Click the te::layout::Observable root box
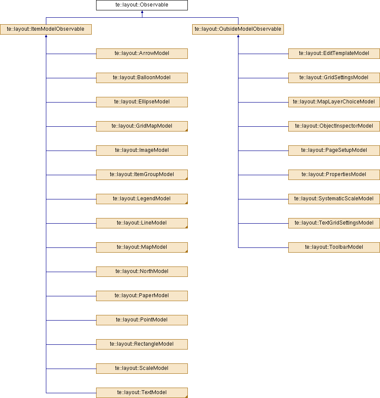click(x=142, y=5)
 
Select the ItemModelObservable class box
click(x=46, y=29)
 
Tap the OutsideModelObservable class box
click(x=238, y=29)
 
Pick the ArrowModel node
click(x=142, y=54)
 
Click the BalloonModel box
click(x=142, y=78)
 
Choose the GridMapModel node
click(x=142, y=126)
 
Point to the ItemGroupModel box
click(x=142, y=175)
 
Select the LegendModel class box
click(x=142, y=199)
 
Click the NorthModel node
click(x=142, y=272)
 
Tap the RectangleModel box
click(x=142, y=344)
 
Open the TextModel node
click(x=142, y=393)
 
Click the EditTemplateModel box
click(x=334, y=54)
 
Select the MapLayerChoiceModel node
click(x=334, y=102)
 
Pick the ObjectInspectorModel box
click(x=334, y=126)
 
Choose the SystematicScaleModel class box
click(x=334, y=199)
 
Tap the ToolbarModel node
click(x=334, y=247)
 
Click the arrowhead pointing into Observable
click(x=142, y=12)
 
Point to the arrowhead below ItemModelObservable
click(x=46, y=36)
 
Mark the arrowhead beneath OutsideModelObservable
click(x=238, y=36)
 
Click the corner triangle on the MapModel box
click(x=187, y=251)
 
